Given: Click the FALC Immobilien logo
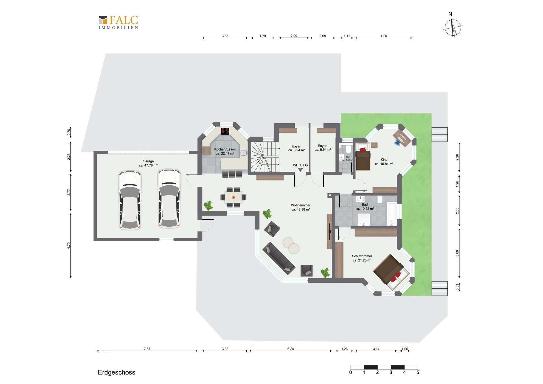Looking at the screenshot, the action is point(118,22).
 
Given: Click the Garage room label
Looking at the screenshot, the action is point(148,163).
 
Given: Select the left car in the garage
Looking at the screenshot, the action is point(130,200).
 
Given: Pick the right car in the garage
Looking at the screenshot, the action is point(169,198).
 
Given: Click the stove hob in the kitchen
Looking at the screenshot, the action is point(225,131).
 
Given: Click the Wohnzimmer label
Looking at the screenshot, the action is point(301,205).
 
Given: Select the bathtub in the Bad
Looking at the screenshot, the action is point(392,214).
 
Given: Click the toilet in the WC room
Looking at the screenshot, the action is point(348,149).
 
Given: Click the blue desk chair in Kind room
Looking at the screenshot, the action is point(398,142).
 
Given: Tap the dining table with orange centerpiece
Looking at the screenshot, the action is point(233,197).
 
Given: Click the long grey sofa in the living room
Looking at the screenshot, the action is point(279,258).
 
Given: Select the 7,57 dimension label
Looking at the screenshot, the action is point(147,349).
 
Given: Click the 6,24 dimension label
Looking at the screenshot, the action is point(290,349).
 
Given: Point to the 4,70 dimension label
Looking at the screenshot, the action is point(69,246).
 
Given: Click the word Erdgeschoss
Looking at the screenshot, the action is point(117,372).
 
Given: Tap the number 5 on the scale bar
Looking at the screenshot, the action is point(418,372).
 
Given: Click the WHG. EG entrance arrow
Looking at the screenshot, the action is point(300,170).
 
